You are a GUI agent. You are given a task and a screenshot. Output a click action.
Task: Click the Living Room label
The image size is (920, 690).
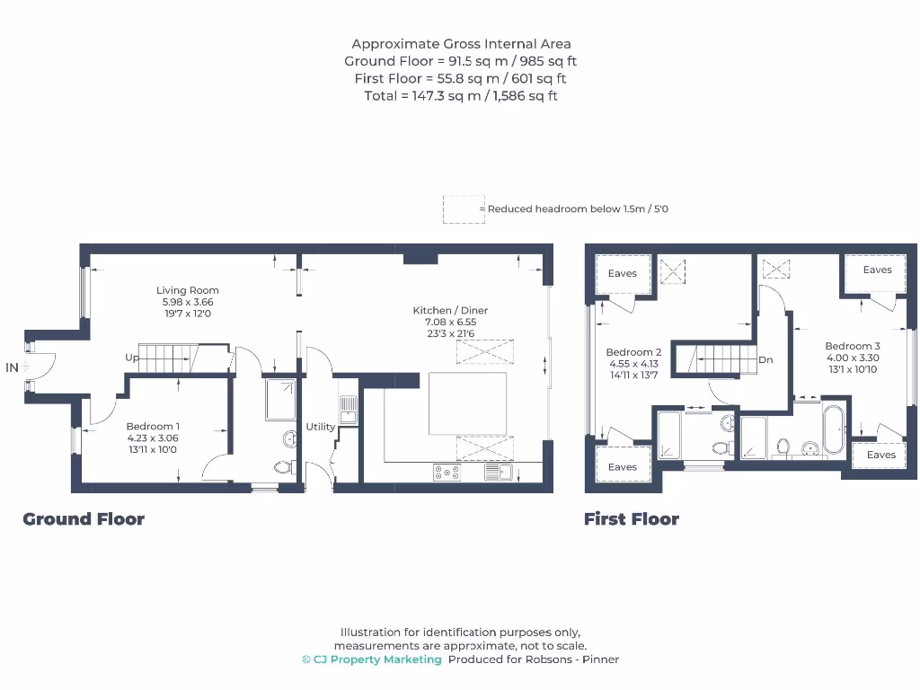[x=188, y=290]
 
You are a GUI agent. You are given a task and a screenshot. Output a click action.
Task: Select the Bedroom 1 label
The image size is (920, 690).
[x=152, y=426]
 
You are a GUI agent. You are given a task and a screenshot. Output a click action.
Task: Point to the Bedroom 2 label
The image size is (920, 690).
[x=633, y=352]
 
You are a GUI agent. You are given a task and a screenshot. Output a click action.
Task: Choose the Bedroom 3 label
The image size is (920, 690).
[x=853, y=346]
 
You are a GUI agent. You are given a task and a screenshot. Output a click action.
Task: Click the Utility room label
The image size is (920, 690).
[x=320, y=427]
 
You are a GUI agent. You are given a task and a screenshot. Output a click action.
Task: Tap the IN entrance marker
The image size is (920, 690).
[x=12, y=367]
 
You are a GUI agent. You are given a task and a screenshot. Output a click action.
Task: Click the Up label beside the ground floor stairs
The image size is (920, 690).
[x=132, y=358]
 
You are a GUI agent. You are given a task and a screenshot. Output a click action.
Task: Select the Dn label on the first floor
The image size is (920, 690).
[x=765, y=359]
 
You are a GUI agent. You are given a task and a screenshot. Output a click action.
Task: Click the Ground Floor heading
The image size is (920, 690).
[x=84, y=518]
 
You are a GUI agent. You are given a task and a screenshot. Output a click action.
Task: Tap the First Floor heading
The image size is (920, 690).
[x=632, y=518]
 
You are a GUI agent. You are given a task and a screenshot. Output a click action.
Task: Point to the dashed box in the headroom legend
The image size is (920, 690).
[x=463, y=209]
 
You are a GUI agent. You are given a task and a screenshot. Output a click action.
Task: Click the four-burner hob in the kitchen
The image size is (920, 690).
[x=447, y=472]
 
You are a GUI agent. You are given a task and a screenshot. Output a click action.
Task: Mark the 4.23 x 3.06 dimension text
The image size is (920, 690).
[x=152, y=438]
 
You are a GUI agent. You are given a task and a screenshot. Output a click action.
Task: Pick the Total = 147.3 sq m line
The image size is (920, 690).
[x=460, y=95]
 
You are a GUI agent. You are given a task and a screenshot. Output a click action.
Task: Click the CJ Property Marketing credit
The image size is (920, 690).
[x=372, y=659]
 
